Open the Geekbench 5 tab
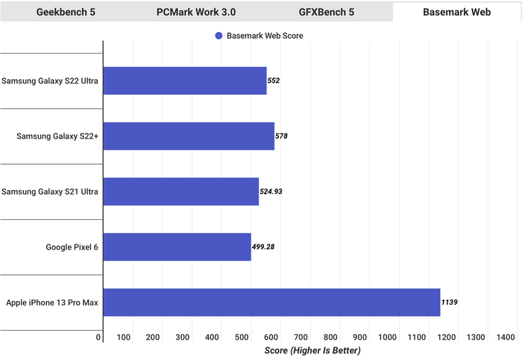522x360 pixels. (x=66, y=12)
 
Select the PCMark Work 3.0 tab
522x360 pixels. (x=196, y=12)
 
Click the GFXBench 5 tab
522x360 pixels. (x=327, y=12)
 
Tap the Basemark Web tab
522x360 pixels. (x=456, y=12)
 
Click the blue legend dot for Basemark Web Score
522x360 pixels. (x=218, y=36)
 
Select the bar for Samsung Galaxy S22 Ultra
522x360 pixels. (x=185, y=80)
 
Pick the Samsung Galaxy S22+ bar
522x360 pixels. (x=189, y=136)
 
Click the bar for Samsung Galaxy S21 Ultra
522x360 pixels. (x=181, y=192)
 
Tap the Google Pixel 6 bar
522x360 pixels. (x=177, y=247)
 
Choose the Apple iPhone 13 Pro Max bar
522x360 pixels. (x=271, y=302)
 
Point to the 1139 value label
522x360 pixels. (x=450, y=302)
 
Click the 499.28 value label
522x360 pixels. (x=263, y=247)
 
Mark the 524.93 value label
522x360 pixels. (x=271, y=192)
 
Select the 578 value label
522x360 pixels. (x=281, y=136)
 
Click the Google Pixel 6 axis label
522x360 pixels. (x=72, y=247)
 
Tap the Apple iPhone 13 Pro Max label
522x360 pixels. (x=52, y=303)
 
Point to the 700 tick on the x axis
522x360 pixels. (x=301, y=337)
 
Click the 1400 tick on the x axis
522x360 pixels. (x=506, y=337)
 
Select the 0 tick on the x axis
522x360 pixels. (x=98, y=337)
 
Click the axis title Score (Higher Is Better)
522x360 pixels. (x=312, y=350)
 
